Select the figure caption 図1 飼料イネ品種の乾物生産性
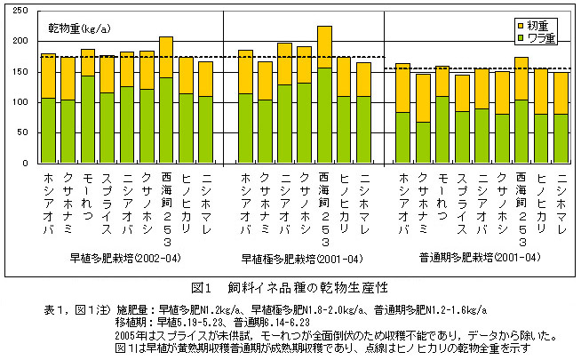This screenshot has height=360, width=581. tap(290, 288)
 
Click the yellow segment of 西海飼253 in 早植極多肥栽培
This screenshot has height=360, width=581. tap(324, 47)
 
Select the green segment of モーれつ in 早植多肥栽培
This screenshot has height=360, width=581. tap(88, 119)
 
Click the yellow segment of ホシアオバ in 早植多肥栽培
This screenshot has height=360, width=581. tap(49, 76)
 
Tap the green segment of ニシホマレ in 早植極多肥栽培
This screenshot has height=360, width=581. tap(363, 130)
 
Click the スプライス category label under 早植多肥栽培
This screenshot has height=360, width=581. tap(107, 199)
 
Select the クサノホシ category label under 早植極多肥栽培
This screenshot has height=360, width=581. tap(305, 199)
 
